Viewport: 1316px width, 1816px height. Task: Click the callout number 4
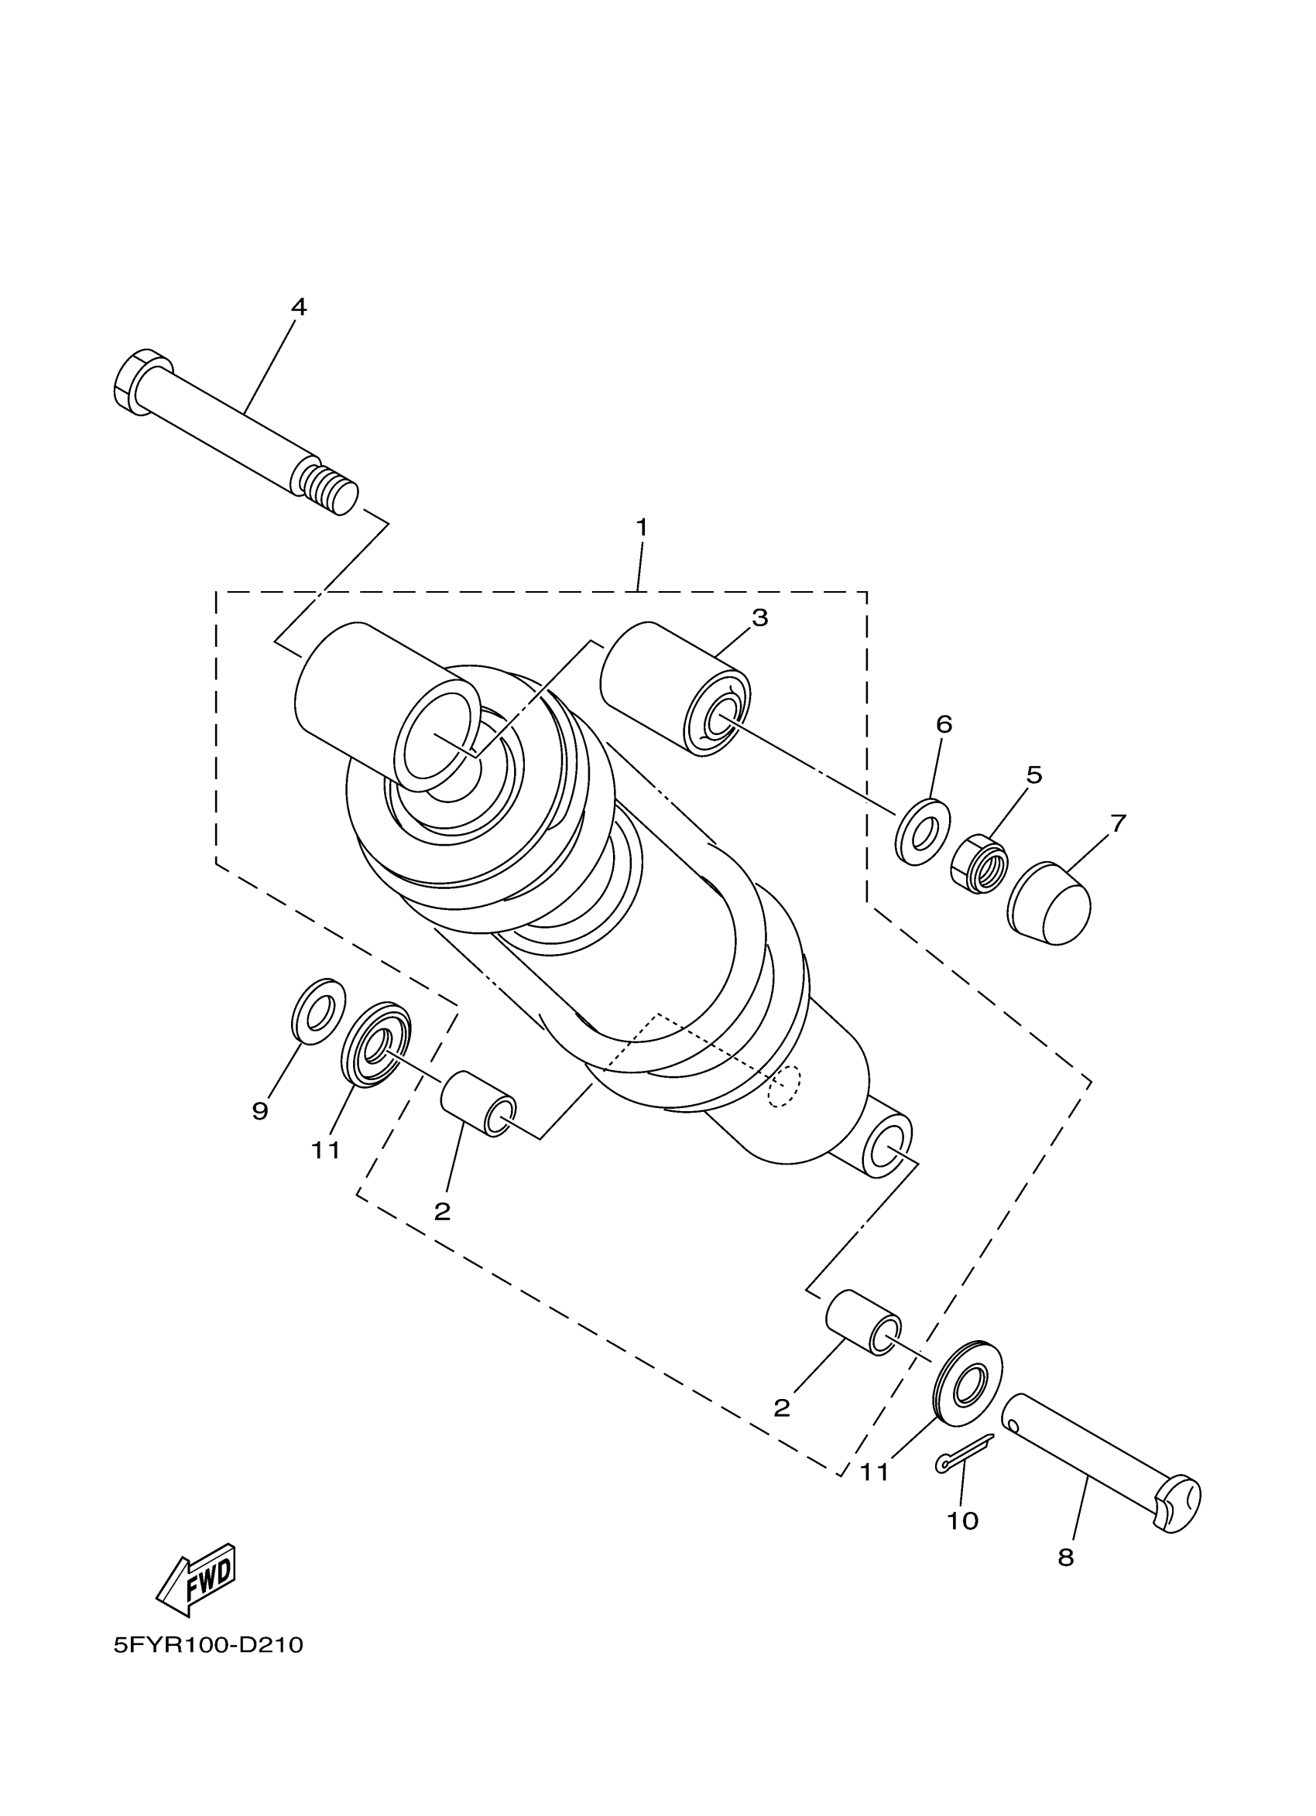[298, 306]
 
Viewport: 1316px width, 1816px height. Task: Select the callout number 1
[641, 528]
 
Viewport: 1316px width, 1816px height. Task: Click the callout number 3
[759, 617]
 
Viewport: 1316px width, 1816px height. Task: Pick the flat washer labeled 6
[922, 831]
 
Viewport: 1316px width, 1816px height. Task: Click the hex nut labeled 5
[978, 864]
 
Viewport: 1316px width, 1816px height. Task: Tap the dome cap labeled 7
[1049, 902]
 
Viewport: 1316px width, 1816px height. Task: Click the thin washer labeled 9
[317, 1011]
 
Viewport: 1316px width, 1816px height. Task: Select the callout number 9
[259, 1110]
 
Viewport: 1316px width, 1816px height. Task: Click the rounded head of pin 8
[1177, 1505]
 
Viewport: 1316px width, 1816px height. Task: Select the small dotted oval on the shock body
[783, 1086]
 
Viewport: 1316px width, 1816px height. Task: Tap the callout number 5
[1033, 775]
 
